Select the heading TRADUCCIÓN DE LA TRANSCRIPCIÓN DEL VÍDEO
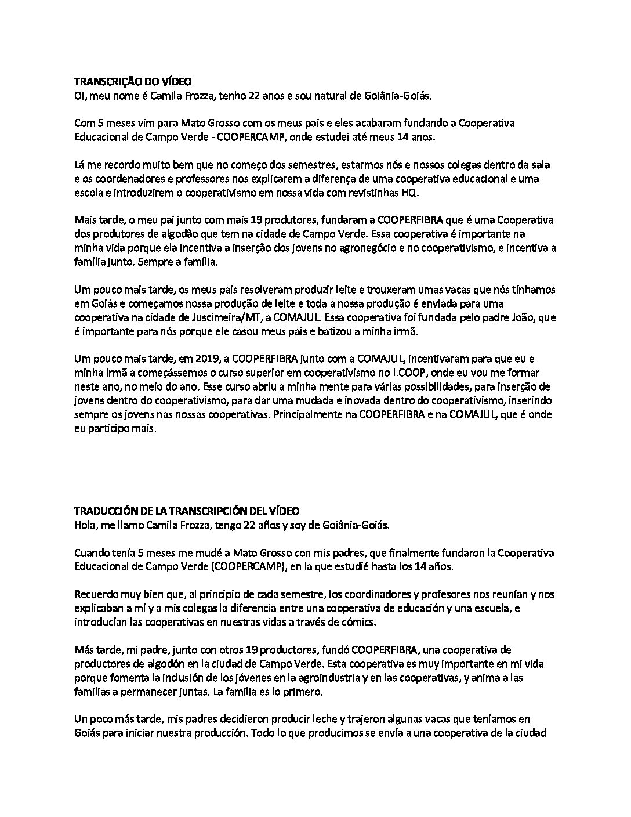(x=187, y=511)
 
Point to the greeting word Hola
(x=85, y=525)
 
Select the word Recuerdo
(x=95, y=595)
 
